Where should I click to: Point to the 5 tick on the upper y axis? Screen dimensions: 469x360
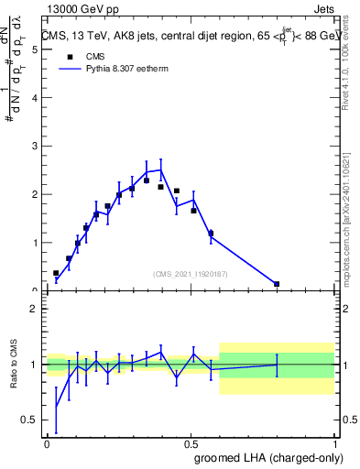click(37, 49)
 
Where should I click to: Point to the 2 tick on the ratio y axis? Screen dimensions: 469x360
click(35, 309)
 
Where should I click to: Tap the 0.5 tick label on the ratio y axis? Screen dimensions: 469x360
click(31, 420)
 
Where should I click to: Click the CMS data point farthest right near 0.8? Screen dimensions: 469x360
click(277, 284)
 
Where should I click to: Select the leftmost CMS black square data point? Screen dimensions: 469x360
click(56, 273)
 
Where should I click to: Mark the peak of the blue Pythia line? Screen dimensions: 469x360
click(161, 169)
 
